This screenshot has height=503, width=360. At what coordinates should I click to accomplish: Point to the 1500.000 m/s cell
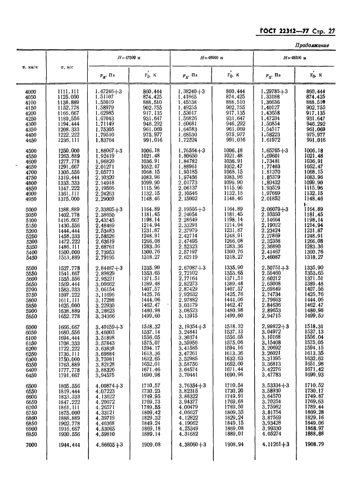[69, 253]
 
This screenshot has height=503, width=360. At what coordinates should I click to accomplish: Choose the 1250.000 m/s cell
[69, 151]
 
